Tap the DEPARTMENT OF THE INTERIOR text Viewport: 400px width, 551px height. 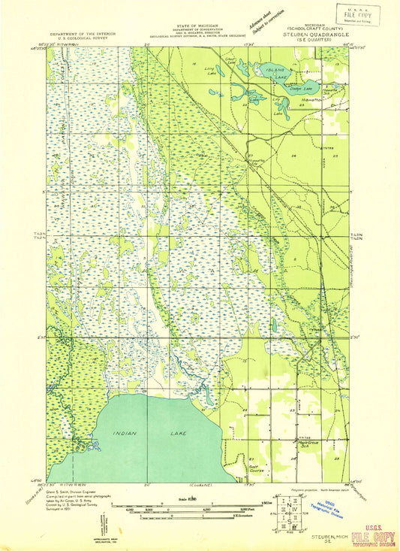(x=83, y=35)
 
